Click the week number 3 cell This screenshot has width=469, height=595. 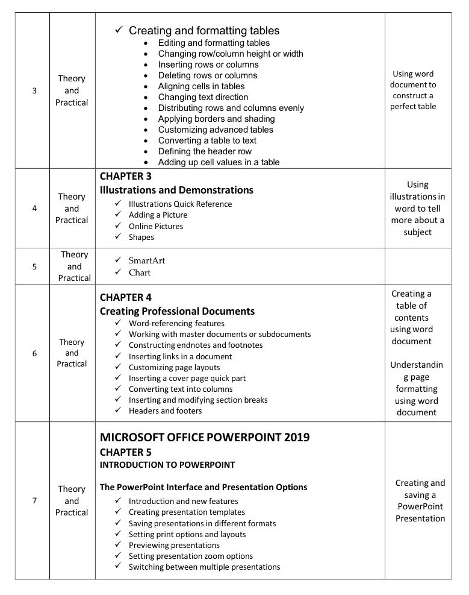[34, 90]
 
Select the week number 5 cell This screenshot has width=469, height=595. [34, 266]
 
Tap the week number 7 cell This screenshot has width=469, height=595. [34, 501]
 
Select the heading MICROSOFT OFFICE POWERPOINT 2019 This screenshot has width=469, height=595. [205, 437]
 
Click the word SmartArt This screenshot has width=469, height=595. [146, 260]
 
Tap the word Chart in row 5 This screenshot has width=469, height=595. [139, 272]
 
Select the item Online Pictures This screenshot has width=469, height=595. [156, 226]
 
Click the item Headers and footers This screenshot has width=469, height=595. [165, 411]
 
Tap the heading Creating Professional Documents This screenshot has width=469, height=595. [177, 311]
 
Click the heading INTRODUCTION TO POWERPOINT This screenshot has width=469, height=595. [167, 465]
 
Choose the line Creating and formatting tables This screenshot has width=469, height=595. [204, 30]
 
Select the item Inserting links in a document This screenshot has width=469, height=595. [180, 356]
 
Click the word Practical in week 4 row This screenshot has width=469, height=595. [72, 220]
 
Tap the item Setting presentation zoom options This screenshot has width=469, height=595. [191, 556]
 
